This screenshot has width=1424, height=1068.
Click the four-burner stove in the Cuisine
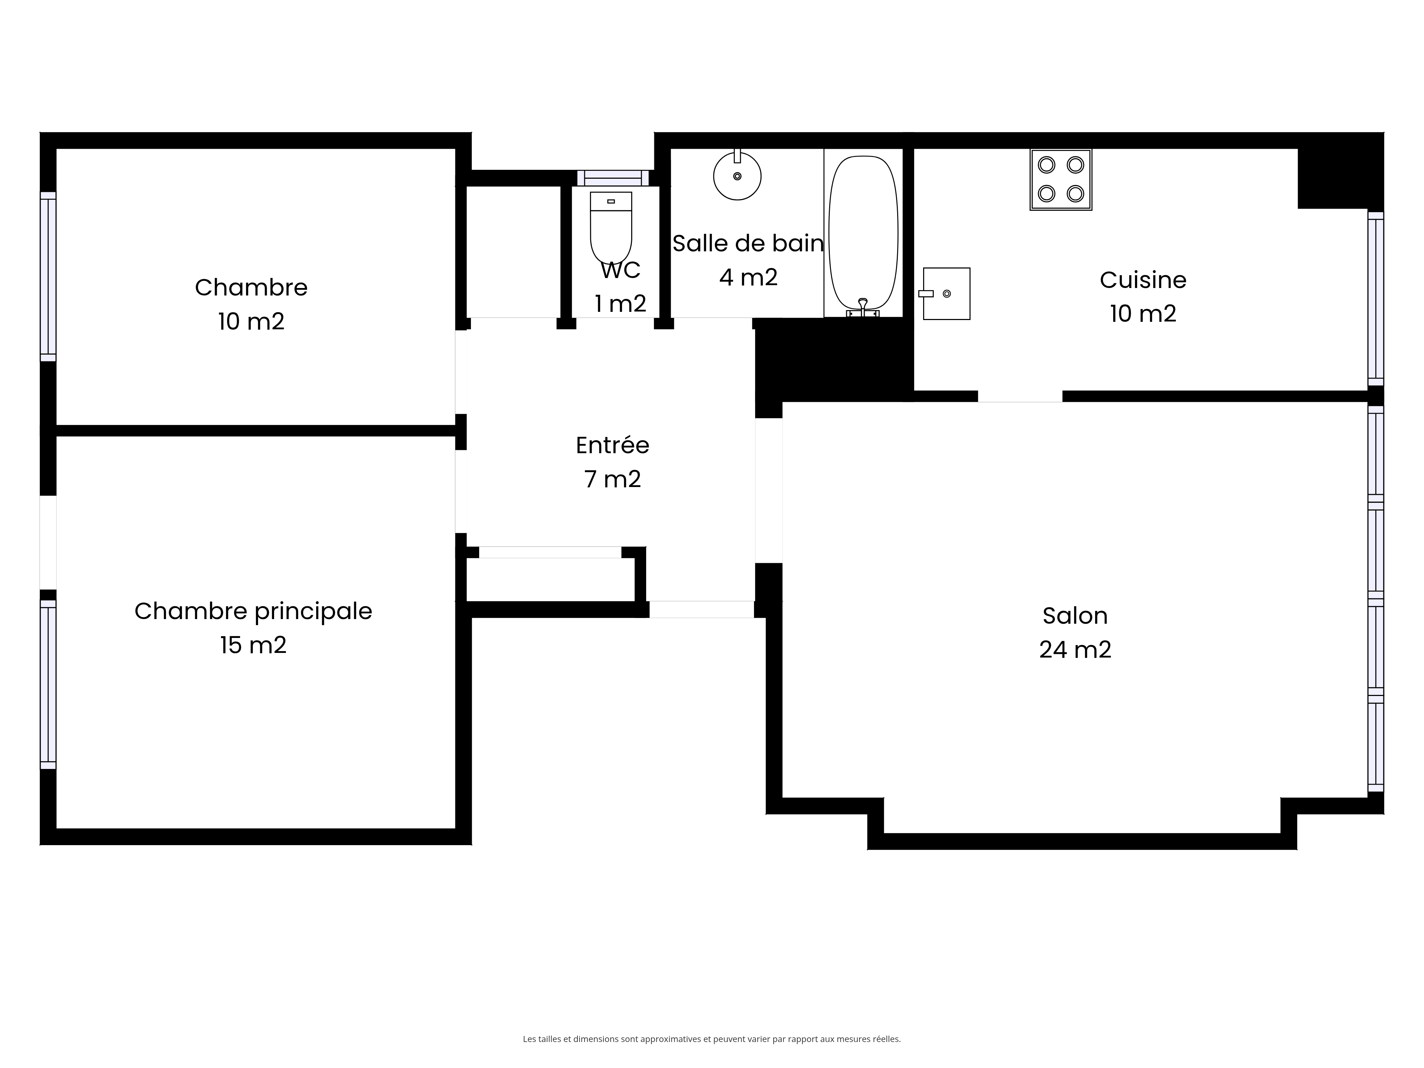(1061, 180)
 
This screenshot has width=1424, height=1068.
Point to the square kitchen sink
(945, 294)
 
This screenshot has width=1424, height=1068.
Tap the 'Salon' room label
(1075, 616)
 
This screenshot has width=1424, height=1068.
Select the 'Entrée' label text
(612, 445)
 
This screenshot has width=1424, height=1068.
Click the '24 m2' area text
(1075, 650)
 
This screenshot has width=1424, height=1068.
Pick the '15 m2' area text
(253, 645)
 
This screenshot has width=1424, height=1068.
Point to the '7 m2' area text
(612, 479)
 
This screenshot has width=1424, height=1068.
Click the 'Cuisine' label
(1143, 280)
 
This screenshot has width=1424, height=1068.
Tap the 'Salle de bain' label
(748, 244)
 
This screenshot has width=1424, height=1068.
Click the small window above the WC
(613, 178)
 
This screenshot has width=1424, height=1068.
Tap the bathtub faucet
(863, 308)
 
